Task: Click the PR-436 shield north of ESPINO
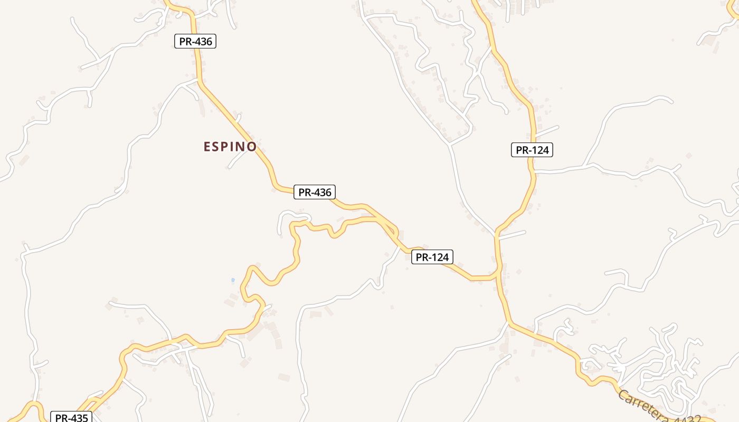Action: coord(195,41)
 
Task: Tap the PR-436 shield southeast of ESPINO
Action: coord(315,193)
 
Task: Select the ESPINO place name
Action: coord(230,147)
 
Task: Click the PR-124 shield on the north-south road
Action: coord(532,150)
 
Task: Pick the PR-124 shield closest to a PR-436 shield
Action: coord(432,257)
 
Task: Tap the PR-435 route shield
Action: coord(71,417)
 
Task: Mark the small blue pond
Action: coord(233,280)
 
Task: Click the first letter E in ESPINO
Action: coord(207,147)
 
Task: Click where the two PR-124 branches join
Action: coord(497,274)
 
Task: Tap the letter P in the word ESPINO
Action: coord(226,147)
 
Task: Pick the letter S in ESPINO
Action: coord(216,147)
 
